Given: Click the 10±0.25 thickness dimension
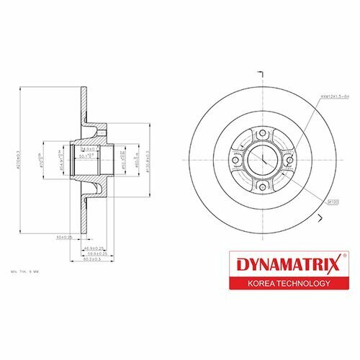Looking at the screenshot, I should point(67,235).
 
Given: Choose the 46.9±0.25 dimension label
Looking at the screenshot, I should point(94,247).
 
